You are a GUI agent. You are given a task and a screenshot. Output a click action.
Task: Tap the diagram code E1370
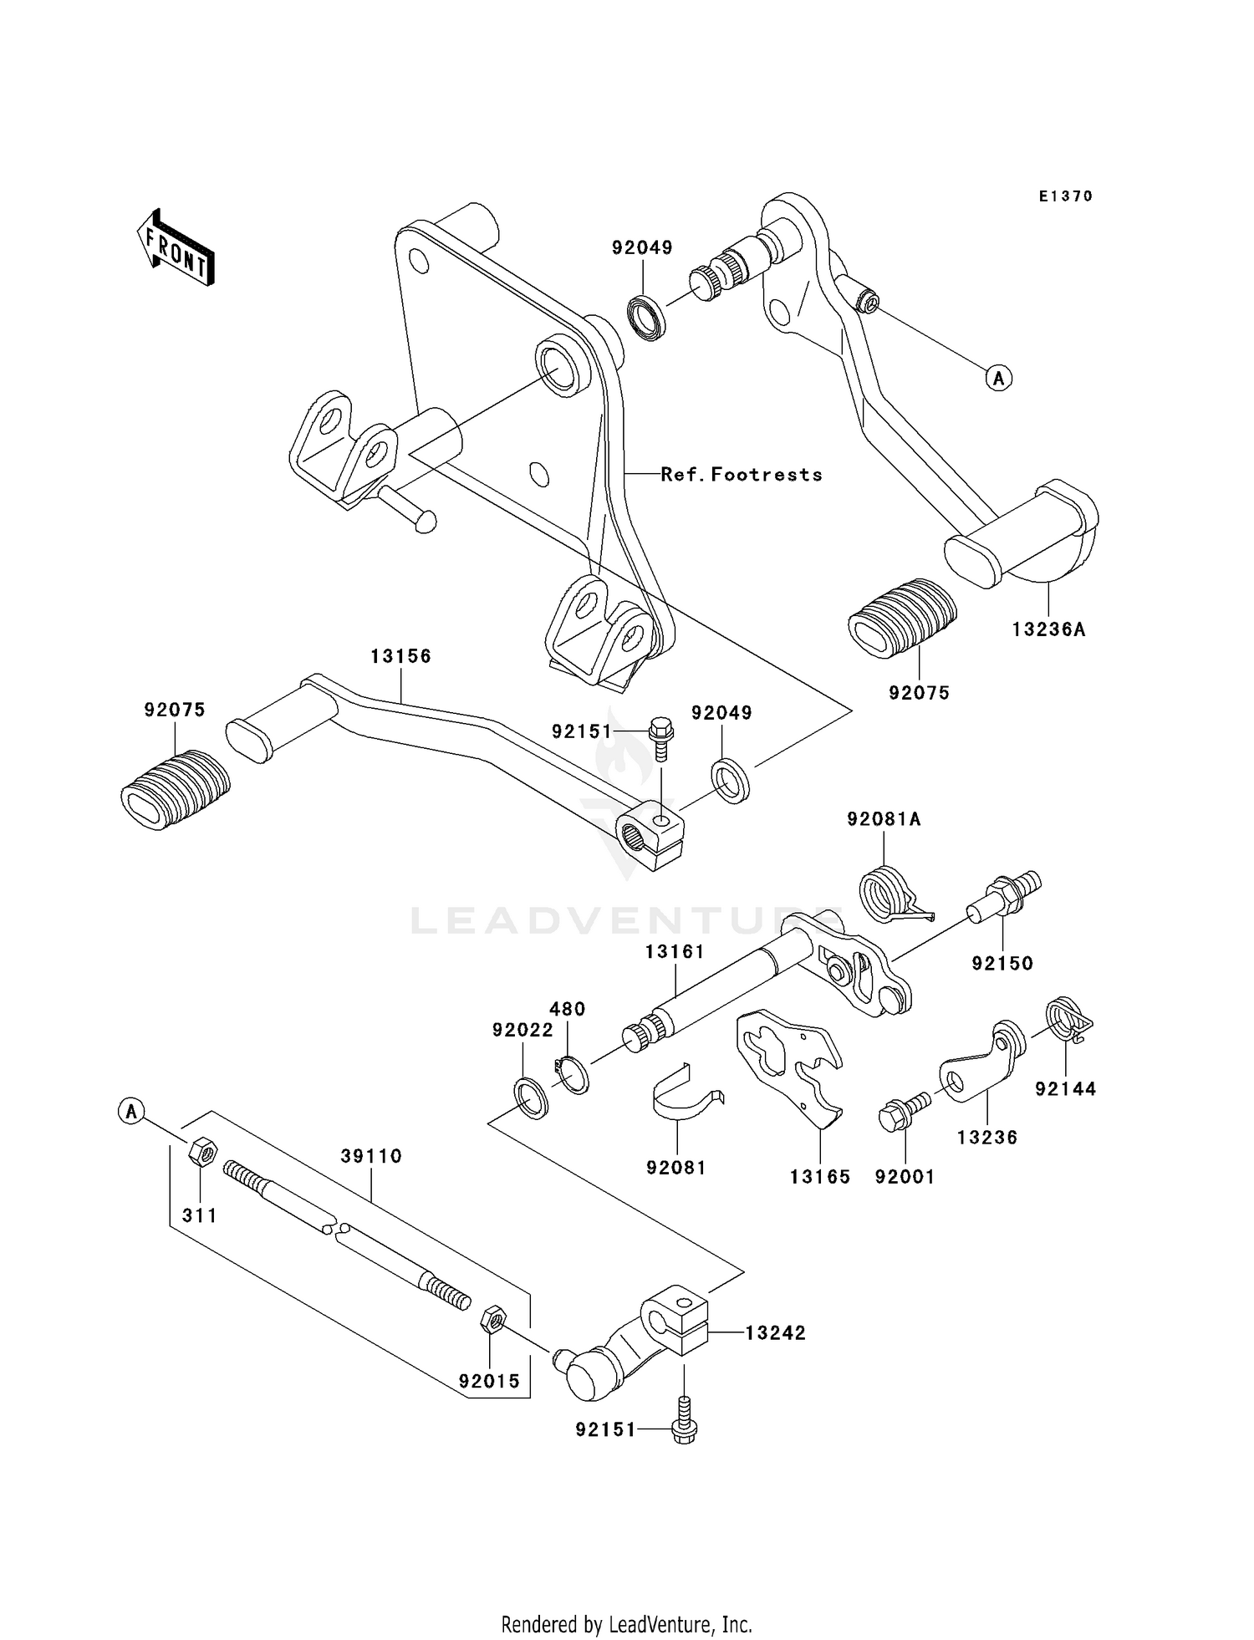pos(1065,196)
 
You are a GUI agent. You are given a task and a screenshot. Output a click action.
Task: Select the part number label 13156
pos(400,656)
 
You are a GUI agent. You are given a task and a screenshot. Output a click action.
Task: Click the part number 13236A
pos(1048,629)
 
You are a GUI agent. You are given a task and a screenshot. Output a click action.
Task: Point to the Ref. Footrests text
pos(741,475)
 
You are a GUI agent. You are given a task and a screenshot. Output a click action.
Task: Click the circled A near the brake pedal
pos(998,378)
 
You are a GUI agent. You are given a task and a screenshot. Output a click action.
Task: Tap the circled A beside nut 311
pos(130,1112)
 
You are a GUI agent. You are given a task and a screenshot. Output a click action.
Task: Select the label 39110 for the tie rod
pos(371,1156)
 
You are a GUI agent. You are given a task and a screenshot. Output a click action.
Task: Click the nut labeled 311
pos(202,1153)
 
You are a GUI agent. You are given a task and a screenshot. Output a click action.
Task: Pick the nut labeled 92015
pos(492,1321)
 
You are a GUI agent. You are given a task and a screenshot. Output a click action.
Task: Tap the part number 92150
pos(1002,963)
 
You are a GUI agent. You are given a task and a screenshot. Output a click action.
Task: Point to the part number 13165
pos(819,1177)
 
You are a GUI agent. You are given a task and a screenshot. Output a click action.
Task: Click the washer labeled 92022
pos(530,1098)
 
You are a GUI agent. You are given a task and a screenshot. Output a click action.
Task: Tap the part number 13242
pos(775,1333)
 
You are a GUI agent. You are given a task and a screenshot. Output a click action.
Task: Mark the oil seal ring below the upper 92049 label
pos(648,318)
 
